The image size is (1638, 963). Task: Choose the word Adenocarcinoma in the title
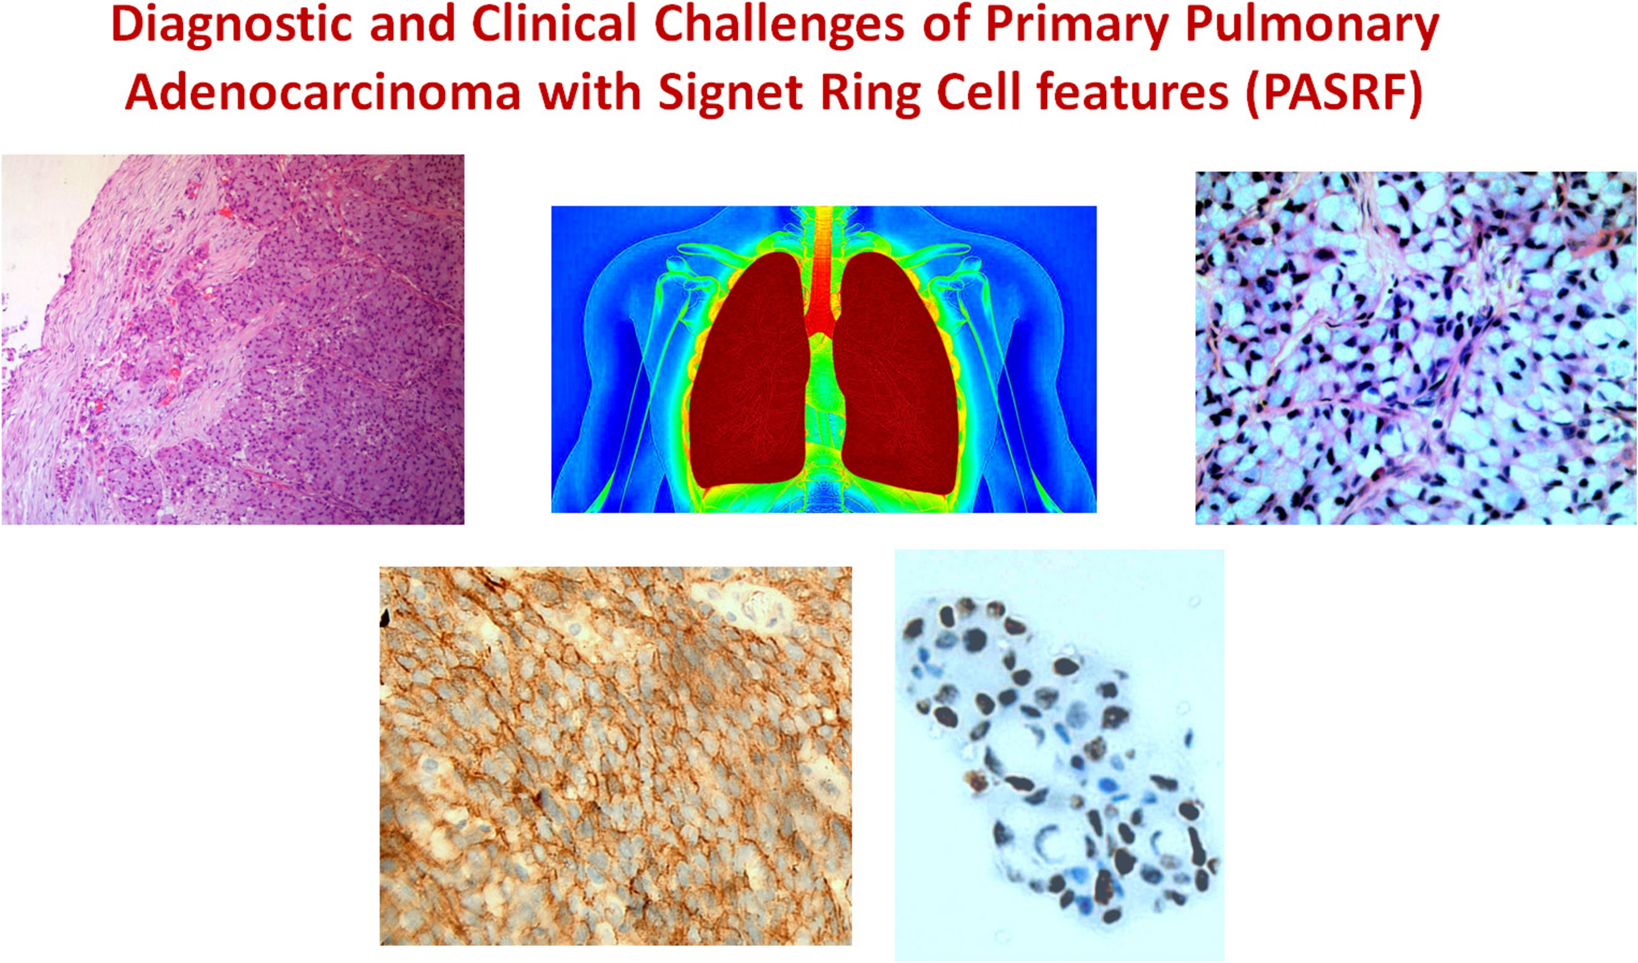pyautogui.click(x=322, y=93)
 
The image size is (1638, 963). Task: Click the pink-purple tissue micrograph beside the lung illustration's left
pyautogui.click(x=233, y=339)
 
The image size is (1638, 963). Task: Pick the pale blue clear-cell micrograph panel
pyautogui.click(x=1416, y=348)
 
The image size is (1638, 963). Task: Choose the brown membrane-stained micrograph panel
pyautogui.click(x=616, y=756)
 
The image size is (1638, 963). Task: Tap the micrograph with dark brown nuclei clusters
pyautogui.click(x=1059, y=755)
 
